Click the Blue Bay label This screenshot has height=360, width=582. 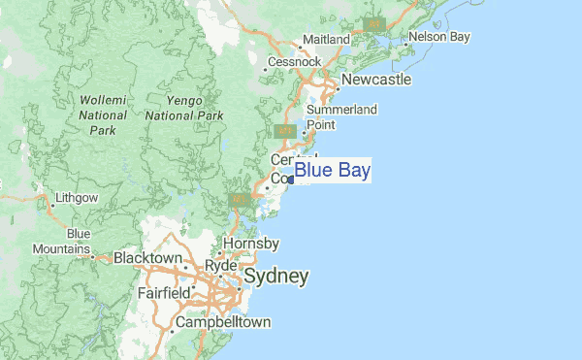click(332, 171)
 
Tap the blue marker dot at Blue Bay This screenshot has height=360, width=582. click(290, 180)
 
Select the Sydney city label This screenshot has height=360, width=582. click(276, 277)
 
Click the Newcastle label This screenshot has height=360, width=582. click(375, 79)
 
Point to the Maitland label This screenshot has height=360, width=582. click(325, 39)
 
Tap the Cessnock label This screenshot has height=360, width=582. click(295, 61)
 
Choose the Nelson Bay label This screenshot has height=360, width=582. click(439, 37)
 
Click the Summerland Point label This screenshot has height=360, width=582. click(341, 117)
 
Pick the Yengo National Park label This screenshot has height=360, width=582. click(184, 107)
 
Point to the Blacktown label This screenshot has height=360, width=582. click(147, 258)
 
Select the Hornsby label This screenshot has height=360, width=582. click(251, 243)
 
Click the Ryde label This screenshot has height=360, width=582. click(221, 265)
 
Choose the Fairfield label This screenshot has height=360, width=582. click(163, 292)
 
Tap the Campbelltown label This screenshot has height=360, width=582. click(222, 322)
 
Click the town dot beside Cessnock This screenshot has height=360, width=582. click(266, 69)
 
